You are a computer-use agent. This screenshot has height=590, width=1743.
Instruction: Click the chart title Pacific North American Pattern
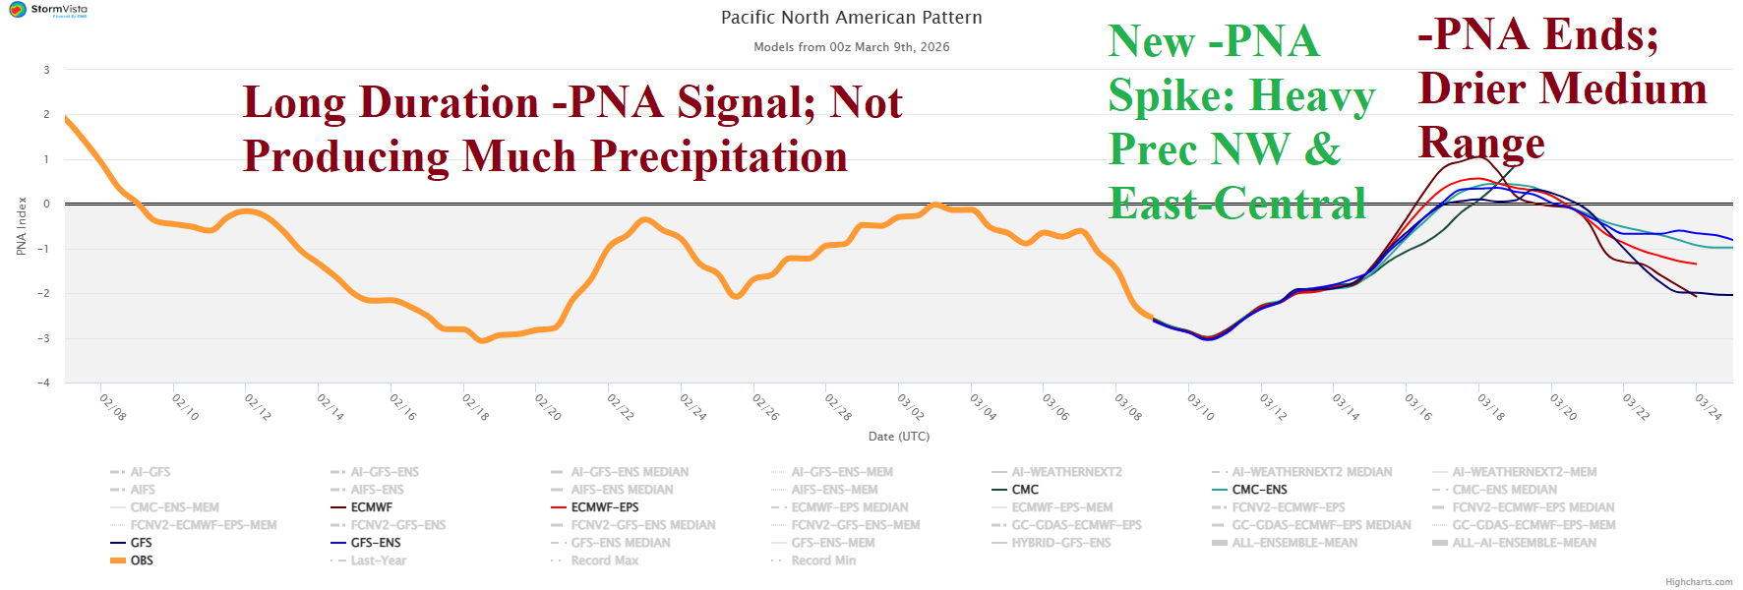tap(851, 18)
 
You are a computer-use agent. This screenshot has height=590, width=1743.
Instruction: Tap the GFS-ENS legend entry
tap(375, 543)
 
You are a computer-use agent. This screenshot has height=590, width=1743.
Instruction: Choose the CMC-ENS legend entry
tap(1259, 490)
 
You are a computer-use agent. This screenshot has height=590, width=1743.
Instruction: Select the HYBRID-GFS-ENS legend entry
tap(1060, 543)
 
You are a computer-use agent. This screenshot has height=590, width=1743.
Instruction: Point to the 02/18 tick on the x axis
tap(476, 406)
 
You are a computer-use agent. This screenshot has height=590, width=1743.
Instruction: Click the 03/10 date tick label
tap(1201, 406)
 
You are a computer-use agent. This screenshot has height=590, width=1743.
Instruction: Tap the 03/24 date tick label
tap(1709, 406)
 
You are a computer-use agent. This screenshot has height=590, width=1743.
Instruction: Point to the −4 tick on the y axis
tap(46, 383)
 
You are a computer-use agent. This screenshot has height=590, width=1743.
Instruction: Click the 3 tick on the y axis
tap(46, 70)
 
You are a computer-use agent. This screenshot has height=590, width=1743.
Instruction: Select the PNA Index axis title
tap(22, 226)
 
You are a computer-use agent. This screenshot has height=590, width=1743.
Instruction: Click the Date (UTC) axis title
tap(898, 437)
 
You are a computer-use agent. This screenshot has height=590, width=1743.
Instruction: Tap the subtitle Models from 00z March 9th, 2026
tap(851, 47)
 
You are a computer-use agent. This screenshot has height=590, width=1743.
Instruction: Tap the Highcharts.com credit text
tap(1698, 582)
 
